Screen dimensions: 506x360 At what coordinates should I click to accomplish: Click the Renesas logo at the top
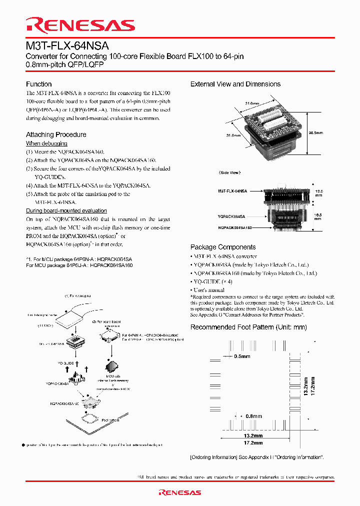(80, 25)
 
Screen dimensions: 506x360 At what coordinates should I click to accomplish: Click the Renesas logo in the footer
(179, 492)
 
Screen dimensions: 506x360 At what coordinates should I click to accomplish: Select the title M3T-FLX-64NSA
(67, 46)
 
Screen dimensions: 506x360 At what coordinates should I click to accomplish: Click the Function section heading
(39, 84)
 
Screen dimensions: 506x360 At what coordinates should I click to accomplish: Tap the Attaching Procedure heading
(56, 134)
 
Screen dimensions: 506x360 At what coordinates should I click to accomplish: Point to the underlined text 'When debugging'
(46, 143)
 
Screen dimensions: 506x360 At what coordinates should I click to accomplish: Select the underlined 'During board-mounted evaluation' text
(66, 210)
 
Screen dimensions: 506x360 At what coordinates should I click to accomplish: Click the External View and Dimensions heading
(235, 84)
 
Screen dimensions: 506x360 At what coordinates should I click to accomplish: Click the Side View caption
(230, 172)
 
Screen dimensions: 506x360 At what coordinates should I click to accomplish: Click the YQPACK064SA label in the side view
(231, 216)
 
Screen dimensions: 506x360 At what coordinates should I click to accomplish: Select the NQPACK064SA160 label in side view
(235, 227)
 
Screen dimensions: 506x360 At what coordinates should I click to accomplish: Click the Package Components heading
(223, 247)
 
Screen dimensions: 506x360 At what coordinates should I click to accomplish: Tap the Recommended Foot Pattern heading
(248, 327)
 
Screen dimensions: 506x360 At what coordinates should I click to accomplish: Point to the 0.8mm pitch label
(253, 416)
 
